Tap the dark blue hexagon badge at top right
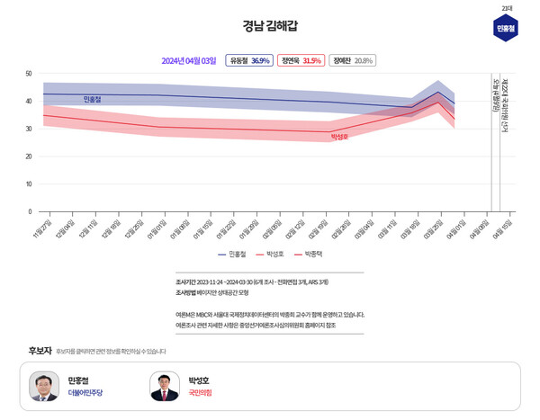pyautogui.click(x=506, y=29)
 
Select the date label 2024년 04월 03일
pyautogui.click(x=188, y=60)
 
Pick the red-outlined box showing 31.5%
pyautogui.click(x=301, y=60)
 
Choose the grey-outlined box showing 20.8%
pyautogui.click(x=352, y=60)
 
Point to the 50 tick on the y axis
pyautogui.click(x=29, y=73)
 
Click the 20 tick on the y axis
pyautogui.click(x=29, y=156)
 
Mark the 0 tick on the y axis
pyautogui.click(x=30, y=211)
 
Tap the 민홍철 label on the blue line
pyautogui.click(x=92, y=99)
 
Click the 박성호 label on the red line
pyautogui.click(x=339, y=137)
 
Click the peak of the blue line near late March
pyautogui.click(x=438, y=92)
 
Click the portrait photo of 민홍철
pyautogui.click(x=44, y=386)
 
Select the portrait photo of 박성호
pyautogui.click(x=165, y=386)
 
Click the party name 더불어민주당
pyautogui.click(x=86, y=393)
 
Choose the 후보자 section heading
pyautogui.click(x=40, y=350)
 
